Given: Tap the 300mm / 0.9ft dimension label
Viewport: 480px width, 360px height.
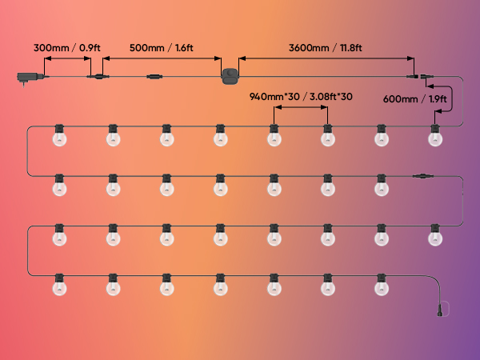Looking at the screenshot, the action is point(66,48).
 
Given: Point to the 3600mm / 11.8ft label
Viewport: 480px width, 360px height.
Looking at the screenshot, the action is point(326,48).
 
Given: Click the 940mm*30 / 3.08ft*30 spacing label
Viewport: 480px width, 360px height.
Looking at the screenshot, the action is point(301,97).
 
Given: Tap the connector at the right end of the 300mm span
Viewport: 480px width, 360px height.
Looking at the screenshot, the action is point(98,77).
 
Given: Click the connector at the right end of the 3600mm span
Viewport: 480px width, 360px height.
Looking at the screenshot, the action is point(418,77).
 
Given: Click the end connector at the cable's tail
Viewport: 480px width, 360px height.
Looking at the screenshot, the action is point(440,307).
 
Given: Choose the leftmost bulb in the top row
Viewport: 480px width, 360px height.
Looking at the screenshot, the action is point(58,137).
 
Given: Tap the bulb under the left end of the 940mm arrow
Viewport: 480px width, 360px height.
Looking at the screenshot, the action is point(274,137).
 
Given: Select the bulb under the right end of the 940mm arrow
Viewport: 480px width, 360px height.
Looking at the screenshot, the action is point(327,137).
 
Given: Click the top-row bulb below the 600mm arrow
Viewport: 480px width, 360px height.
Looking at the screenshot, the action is point(435,137).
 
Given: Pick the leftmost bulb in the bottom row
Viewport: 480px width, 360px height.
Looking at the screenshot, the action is point(58,285).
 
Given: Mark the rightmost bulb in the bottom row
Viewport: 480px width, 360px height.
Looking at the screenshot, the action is point(382,285).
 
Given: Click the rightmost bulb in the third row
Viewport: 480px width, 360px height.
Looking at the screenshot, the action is point(435,236).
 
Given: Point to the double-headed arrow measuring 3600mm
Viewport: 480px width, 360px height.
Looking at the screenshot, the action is point(326,58).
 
